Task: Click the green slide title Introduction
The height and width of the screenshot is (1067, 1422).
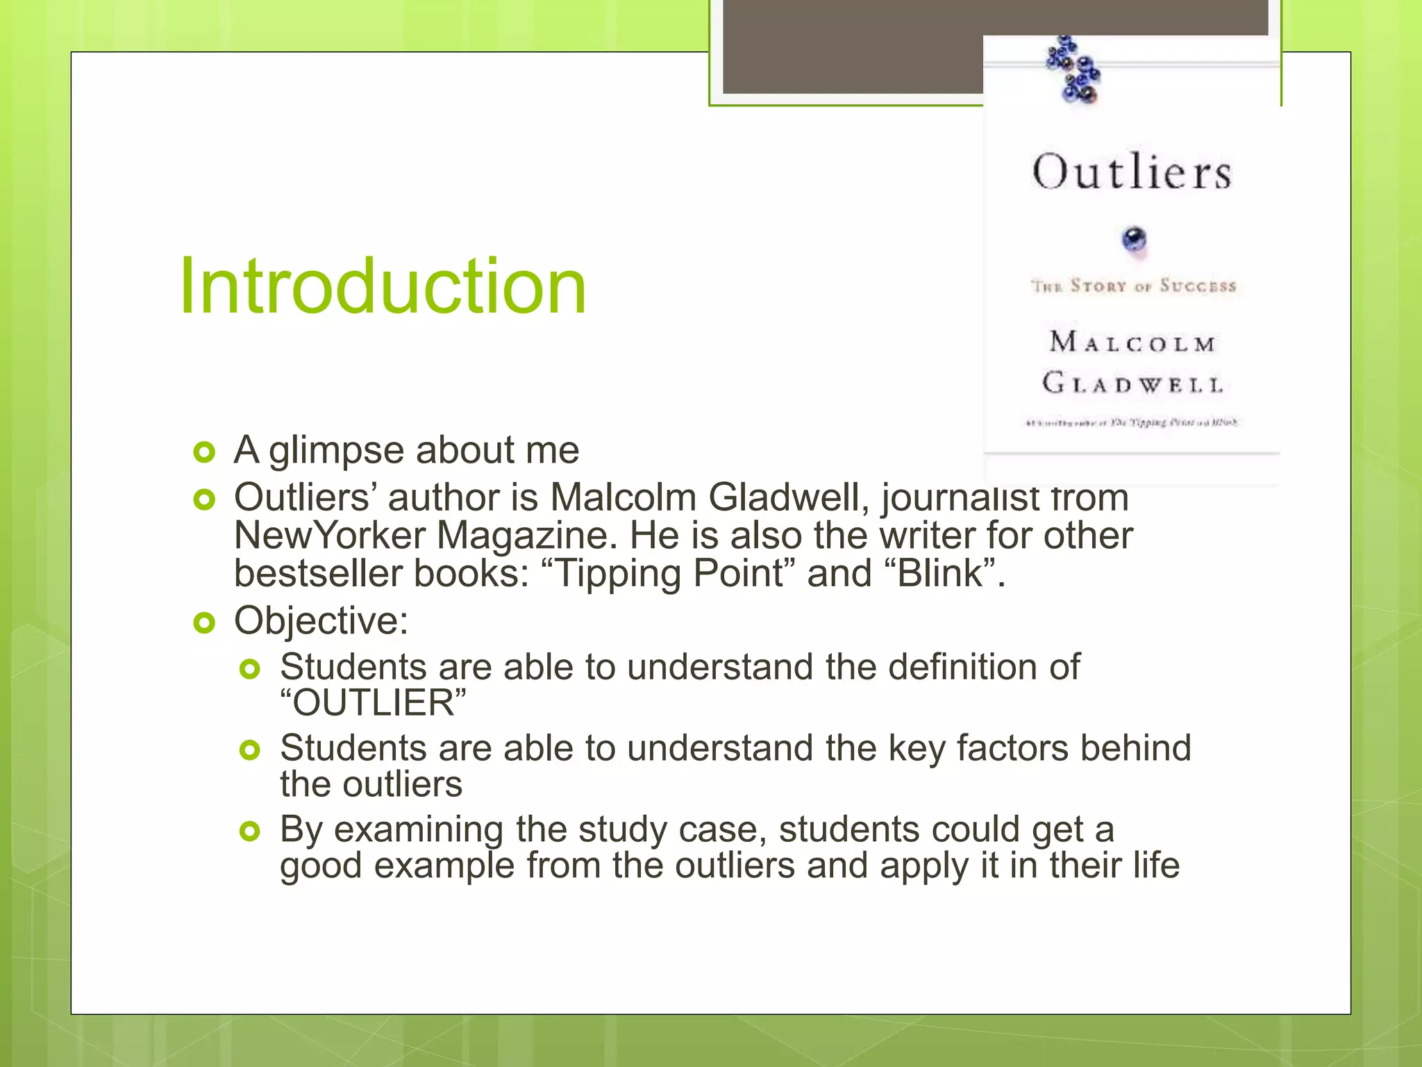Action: click(383, 286)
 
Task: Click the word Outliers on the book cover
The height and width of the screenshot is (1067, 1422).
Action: click(1132, 172)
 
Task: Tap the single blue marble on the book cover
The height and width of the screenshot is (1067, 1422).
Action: click(1134, 240)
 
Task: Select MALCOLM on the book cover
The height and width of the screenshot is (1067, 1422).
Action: click(1132, 342)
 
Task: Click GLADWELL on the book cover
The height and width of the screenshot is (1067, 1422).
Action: click(1132, 383)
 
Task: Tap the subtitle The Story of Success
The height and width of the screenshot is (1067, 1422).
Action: click(1133, 286)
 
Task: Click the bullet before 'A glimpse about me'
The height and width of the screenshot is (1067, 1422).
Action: click(204, 452)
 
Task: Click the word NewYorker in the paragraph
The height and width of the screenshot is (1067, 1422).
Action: click(330, 536)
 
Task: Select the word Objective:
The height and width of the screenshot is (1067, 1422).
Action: click(321, 620)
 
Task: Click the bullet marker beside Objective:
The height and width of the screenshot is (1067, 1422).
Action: click(204, 623)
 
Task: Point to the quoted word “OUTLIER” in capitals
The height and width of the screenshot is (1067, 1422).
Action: click(374, 703)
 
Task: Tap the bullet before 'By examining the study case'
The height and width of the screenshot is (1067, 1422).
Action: click(249, 831)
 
